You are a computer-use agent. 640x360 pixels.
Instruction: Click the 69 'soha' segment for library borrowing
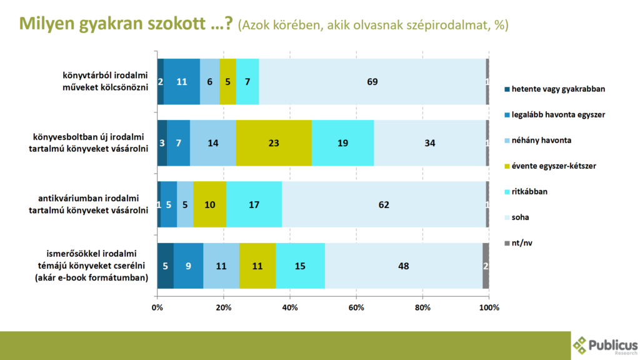pos(372,81)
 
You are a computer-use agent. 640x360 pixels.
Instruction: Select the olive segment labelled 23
pos(274,143)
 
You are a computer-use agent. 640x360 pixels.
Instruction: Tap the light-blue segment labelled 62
pos(384,204)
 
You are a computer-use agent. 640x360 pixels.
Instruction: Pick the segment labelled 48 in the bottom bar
pos(403,266)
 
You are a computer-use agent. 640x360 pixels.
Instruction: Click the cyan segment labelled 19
pos(342,143)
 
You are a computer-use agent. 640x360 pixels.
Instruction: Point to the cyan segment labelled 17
pos(254,204)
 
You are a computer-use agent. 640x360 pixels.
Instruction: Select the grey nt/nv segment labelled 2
pos(486,266)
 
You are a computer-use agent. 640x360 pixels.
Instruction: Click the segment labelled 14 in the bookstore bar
pos(213,143)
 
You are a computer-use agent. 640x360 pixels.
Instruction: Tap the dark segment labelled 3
pos(162,143)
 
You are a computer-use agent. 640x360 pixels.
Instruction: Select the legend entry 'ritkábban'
pos(529,191)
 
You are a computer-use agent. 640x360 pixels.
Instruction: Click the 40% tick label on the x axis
pos(290,308)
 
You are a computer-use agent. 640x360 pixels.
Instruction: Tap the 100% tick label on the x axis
pos(488,308)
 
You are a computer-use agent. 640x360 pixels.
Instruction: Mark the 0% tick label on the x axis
pos(157,308)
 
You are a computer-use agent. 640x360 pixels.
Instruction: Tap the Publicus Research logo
pos(604,346)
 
